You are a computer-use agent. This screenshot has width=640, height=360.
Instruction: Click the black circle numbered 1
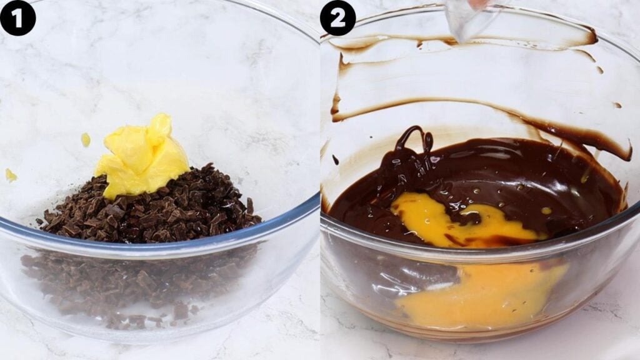pyautogui.click(x=17, y=17)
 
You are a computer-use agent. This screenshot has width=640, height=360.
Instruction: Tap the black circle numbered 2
pyautogui.click(x=337, y=17)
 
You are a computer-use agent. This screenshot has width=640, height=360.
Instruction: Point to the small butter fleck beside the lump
pyautogui.click(x=86, y=139)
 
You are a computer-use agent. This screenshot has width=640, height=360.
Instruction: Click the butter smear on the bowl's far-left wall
pyautogui.click(x=11, y=176)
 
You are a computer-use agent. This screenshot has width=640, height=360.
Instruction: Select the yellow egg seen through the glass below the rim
pyautogui.click(x=481, y=294)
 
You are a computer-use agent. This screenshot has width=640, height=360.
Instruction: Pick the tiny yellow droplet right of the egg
pyautogui.click(x=546, y=211)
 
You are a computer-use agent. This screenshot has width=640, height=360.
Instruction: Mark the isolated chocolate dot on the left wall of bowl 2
pyautogui.click(x=335, y=160)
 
